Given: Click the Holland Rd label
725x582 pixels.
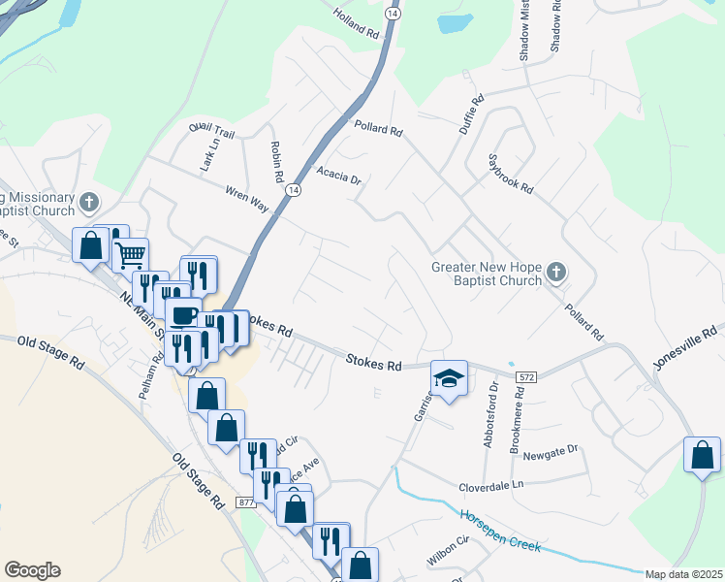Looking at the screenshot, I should point(357,23).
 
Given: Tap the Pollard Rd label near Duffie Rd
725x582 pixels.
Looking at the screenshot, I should point(377,126).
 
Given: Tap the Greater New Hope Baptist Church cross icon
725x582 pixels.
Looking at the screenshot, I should point(555,273).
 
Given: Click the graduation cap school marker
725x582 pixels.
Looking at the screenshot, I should point(449,378).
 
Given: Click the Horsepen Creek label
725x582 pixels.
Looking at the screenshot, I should point(499,529).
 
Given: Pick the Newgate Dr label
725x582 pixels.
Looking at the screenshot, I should point(550,450).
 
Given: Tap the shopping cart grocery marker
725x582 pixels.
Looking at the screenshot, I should point(129,256).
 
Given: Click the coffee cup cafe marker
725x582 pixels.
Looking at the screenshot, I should point(184,314).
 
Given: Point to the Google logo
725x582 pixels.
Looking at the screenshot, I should point(32,570).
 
